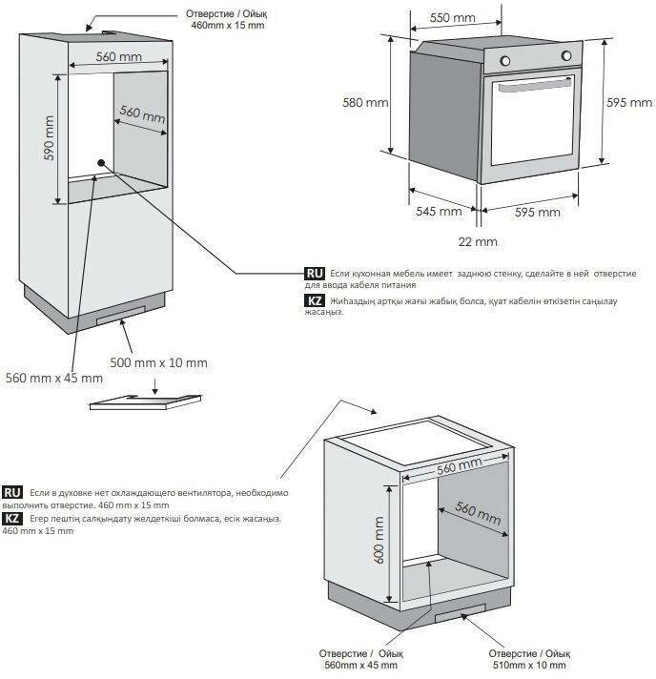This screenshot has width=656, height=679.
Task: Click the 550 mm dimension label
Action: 453,18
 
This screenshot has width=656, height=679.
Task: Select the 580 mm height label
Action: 365,103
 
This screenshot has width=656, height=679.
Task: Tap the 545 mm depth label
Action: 439,212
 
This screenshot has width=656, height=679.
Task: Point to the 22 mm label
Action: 478,241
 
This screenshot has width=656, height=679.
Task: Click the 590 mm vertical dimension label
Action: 50,138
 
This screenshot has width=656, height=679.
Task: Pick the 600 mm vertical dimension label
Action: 379,540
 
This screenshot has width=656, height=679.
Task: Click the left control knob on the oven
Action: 505,61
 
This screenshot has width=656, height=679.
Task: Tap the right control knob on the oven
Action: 566,56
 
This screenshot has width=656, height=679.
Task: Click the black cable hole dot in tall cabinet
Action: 101,163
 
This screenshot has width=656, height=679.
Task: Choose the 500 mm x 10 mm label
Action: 158,362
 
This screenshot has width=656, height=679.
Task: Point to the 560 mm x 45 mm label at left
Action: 54,378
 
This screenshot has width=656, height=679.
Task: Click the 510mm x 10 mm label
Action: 529,665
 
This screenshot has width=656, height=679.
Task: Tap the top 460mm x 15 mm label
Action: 227,25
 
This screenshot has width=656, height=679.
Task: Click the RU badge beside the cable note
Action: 315,274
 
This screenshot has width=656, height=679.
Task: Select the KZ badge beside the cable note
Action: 315,300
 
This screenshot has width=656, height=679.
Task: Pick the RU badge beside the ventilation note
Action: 12,492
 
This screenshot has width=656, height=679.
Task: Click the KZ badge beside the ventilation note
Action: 12,519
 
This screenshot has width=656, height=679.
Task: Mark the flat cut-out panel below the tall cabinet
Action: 146,401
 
